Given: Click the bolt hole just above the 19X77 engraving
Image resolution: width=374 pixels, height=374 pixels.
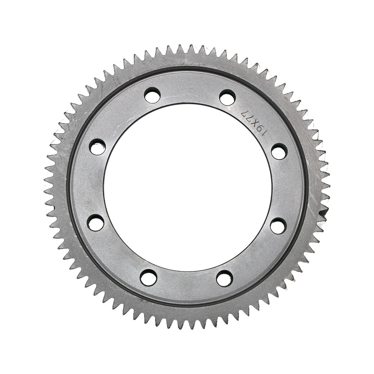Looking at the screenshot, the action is coord(227,97).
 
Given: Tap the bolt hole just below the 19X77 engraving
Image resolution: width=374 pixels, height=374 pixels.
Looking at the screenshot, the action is coord(279,151).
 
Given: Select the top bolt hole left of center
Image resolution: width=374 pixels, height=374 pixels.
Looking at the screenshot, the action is coord(152,95).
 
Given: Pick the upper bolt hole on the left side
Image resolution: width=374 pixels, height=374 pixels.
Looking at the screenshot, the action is coord(98,147).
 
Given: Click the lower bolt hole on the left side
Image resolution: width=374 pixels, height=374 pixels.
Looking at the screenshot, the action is coord(96,222).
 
